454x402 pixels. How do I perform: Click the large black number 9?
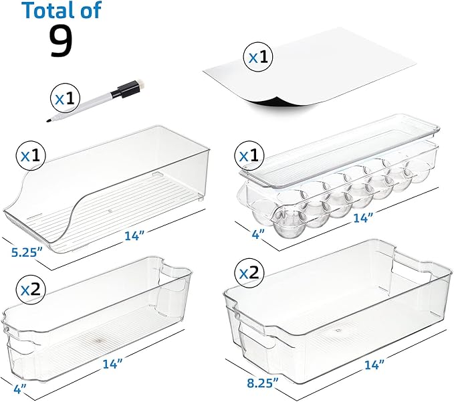tap(61, 40)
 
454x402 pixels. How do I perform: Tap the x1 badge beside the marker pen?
tap(65, 99)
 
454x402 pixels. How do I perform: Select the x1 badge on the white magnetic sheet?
tap(259, 57)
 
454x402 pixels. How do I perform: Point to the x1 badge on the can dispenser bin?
tap(31, 156)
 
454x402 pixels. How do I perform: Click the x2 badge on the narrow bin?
tap(31, 290)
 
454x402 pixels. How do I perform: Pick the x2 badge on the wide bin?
tap(249, 273)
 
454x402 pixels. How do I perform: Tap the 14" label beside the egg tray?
tap(363, 218)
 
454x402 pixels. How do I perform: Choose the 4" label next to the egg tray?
tap(258, 233)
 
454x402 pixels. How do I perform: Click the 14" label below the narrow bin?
tap(113, 364)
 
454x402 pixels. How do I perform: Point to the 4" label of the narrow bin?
tap(19, 389)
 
